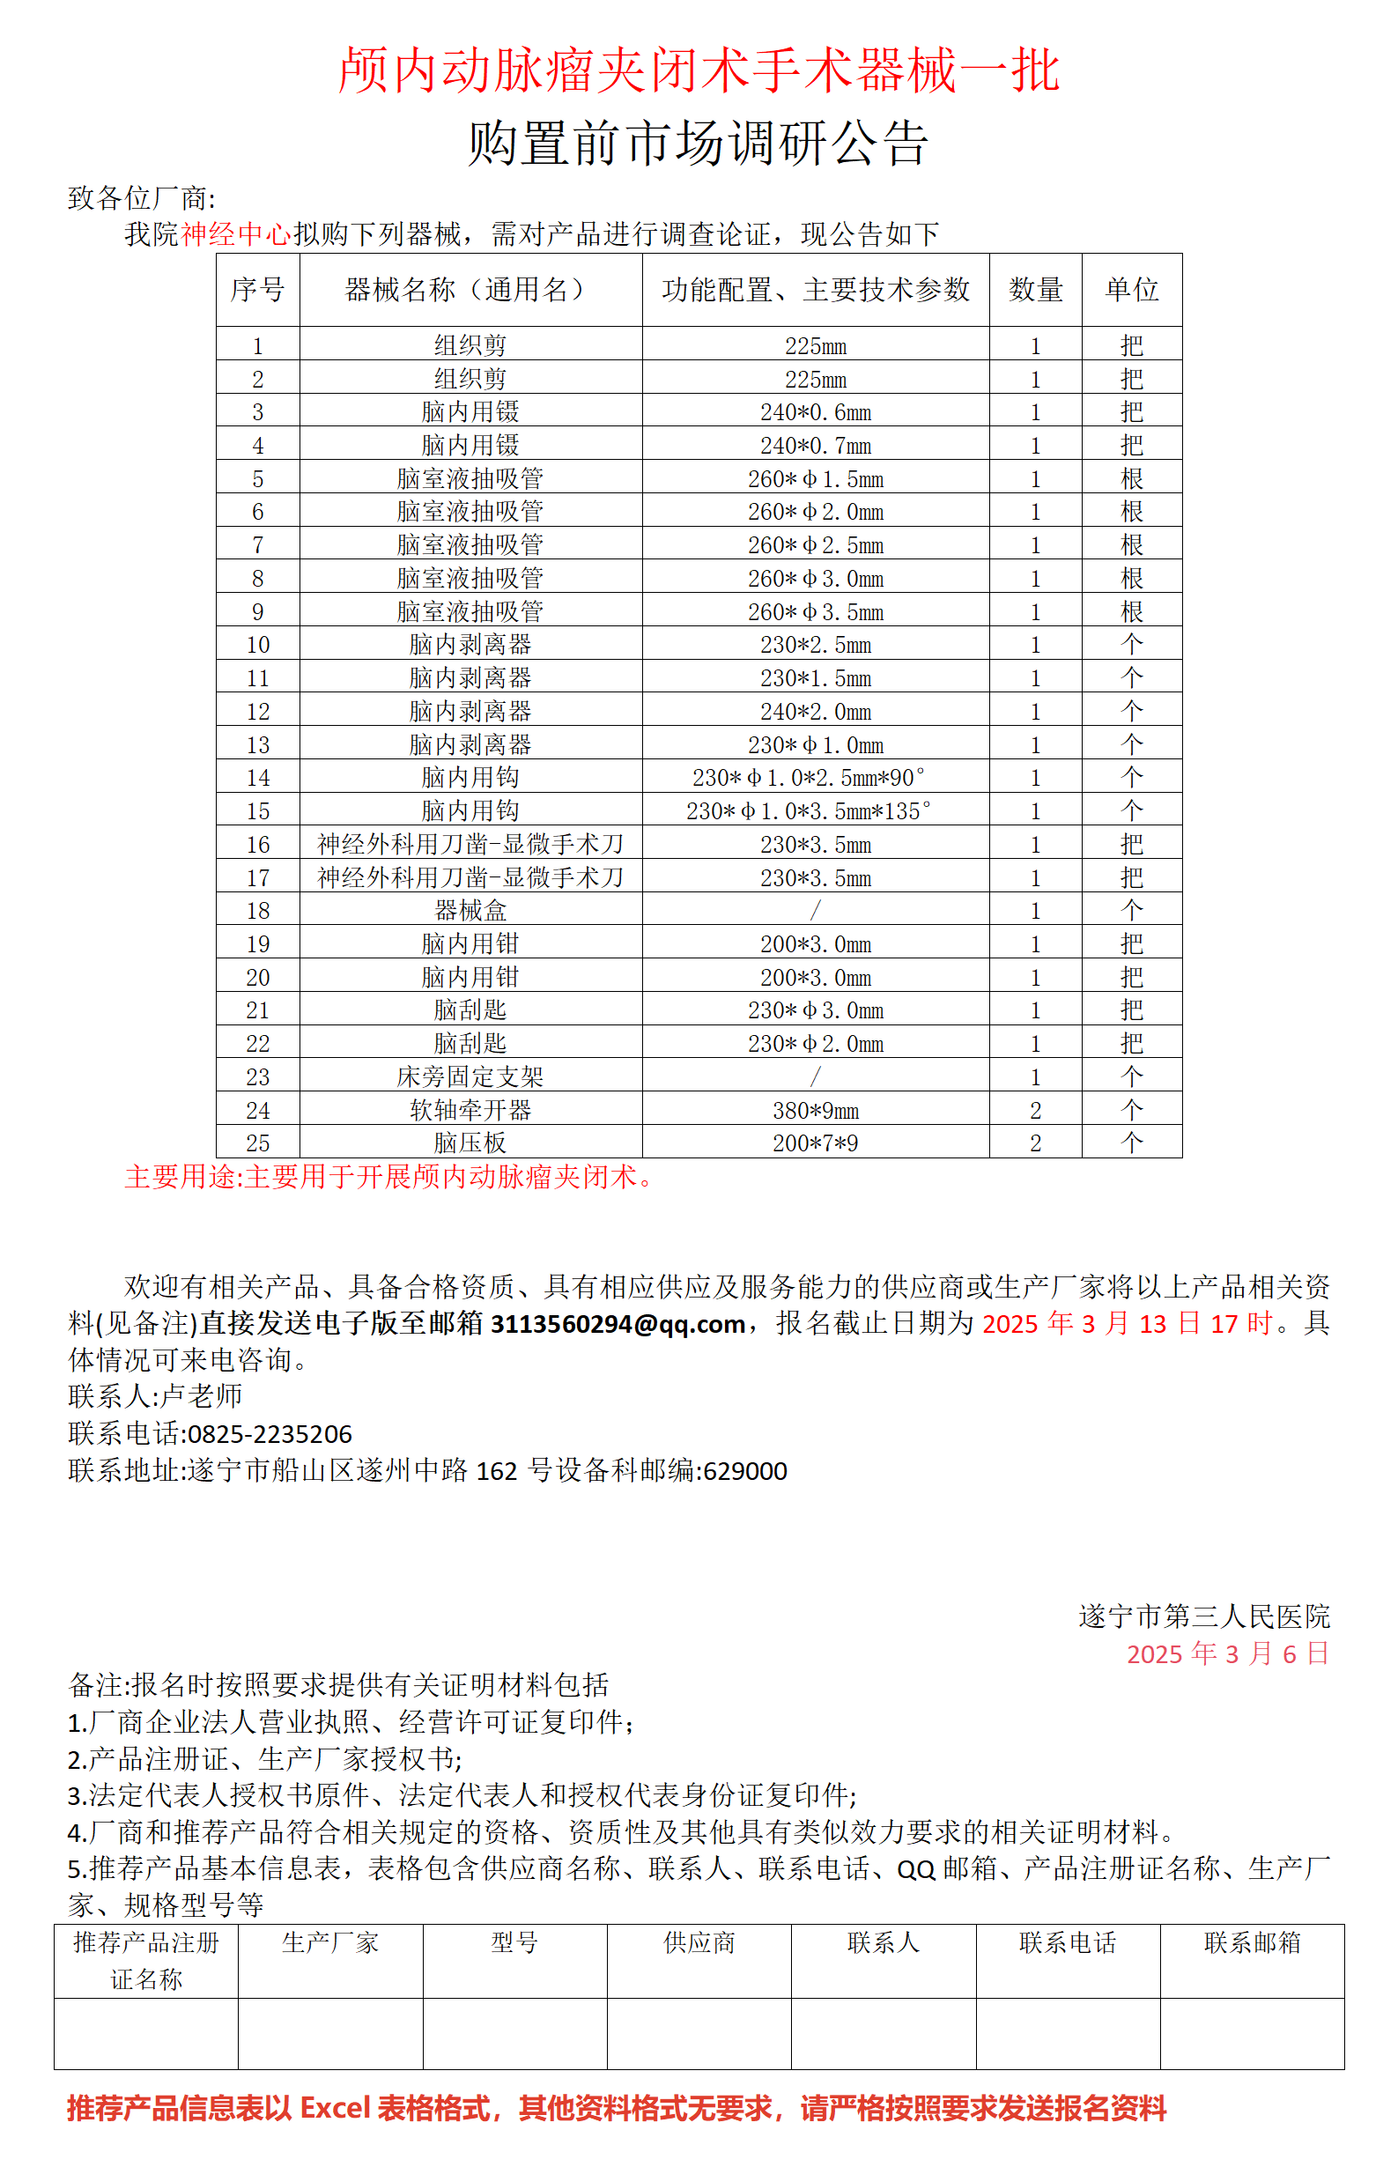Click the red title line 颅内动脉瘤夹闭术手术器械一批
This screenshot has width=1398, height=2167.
[x=698, y=70]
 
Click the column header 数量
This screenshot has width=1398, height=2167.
[x=1035, y=290]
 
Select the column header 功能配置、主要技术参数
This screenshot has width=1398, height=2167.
[x=815, y=290]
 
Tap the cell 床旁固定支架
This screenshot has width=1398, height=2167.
[x=470, y=1076]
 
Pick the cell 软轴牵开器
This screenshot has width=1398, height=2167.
[x=470, y=1110]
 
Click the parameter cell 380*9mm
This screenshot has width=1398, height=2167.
[x=815, y=1110]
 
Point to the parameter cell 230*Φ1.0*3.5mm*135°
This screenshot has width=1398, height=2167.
[x=808, y=810]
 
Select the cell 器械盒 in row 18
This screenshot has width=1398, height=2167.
[x=470, y=910]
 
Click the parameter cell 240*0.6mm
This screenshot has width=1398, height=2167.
[x=815, y=412]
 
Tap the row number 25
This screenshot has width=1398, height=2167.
[x=258, y=1143]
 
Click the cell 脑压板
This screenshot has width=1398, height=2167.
[x=470, y=1143]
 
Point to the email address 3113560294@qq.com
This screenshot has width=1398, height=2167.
[x=618, y=1325]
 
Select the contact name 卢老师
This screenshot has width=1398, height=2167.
[x=202, y=1396]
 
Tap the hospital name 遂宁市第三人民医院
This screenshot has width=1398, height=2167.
[x=1203, y=1616]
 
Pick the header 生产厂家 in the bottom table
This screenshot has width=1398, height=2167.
[x=330, y=1941]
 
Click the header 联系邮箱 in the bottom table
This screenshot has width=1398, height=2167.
[x=1252, y=1941]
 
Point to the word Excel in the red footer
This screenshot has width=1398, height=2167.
[x=335, y=2107]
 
